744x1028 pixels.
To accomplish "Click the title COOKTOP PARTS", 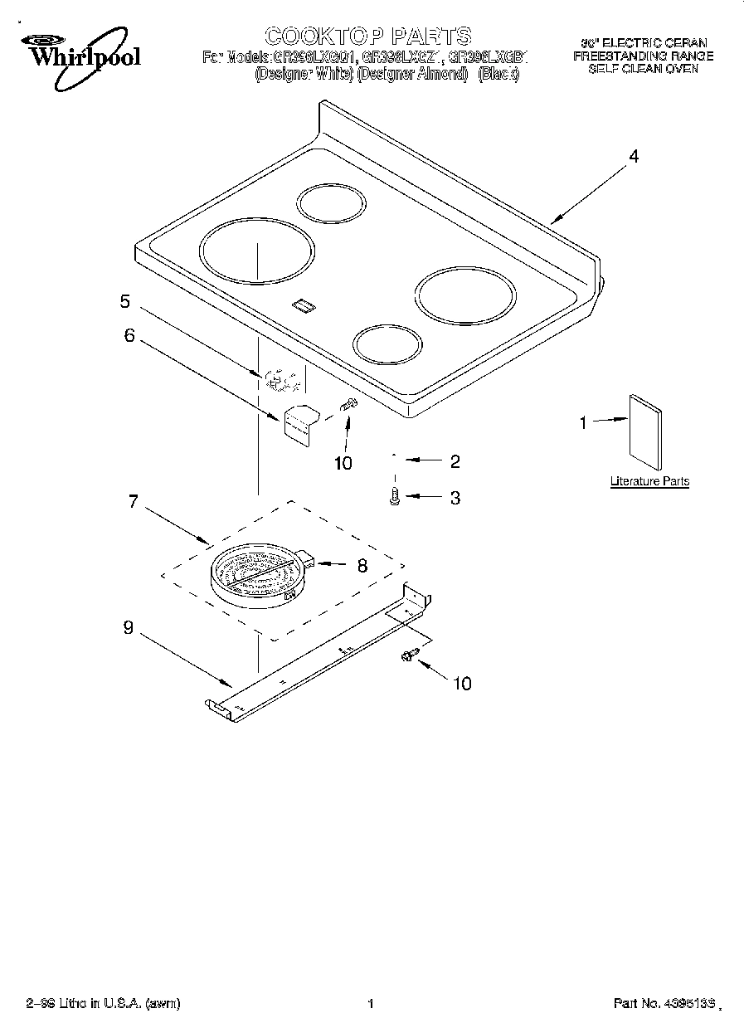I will pyautogui.click(x=367, y=36).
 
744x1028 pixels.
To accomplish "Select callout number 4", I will pyautogui.click(x=634, y=156).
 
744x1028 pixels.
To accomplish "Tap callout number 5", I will pyautogui.click(x=124, y=301).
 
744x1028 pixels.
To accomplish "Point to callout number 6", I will pyautogui.click(x=129, y=335).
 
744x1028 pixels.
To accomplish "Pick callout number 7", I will pyautogui.click(x=133, y=502).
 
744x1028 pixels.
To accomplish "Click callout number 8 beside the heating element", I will pyautogui.click(x=362, y=567).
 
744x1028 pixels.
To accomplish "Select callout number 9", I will pyautogui.click(x=128, y=628).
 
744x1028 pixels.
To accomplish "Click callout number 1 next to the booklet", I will pyautogui.click(x=583, y=423).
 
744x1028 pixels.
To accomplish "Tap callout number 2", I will pyautogui.click(x=455, y=461).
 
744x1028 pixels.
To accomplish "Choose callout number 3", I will pyautogui.click(x=455, y=498).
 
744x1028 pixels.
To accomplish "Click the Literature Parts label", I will pyautogui.click(x=649, y=481).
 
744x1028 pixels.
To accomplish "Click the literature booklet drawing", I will pyautogui.click(x=646, y=429).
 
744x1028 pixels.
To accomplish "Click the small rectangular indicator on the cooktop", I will pyautogui.click(x=303, y=306).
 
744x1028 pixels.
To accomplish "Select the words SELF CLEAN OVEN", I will pyautogui.click(x=643, y=70).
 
